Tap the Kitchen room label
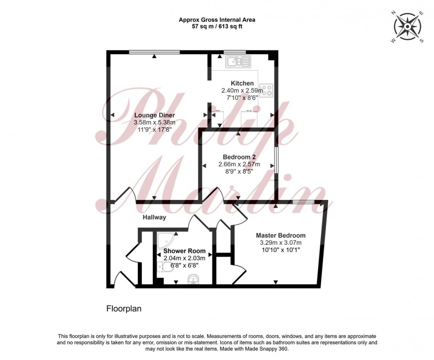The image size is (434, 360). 242,83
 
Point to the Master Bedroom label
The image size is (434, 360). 280,235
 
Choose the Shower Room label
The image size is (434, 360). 184,251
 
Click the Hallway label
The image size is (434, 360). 154,217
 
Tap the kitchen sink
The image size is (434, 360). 234,62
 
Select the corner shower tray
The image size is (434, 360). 163,240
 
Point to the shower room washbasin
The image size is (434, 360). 193,279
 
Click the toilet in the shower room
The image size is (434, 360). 160,267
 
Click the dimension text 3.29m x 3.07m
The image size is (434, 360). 280,243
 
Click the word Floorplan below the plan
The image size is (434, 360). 123,309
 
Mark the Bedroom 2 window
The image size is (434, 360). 276,160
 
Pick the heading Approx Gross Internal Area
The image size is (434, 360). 217,20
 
